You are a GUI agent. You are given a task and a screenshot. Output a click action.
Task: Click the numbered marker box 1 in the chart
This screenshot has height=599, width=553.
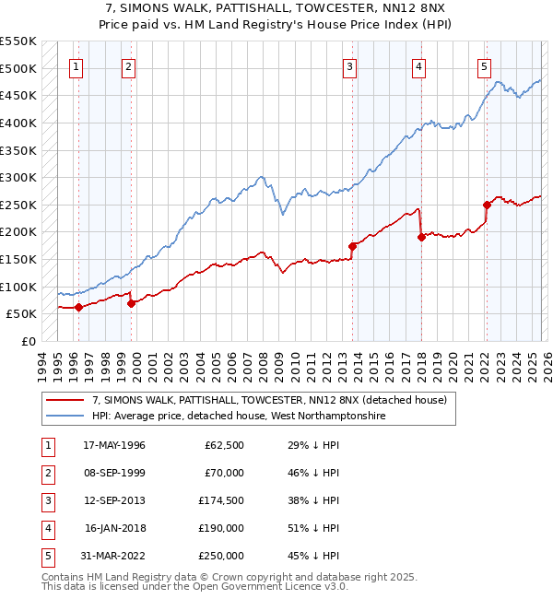coord(75,66)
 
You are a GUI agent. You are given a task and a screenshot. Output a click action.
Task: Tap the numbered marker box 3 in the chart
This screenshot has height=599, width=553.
coord(350,66)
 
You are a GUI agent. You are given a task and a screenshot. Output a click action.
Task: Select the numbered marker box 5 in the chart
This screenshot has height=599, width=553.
coord(484,66)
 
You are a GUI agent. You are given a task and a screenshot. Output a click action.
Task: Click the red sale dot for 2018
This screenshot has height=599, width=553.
coord(421,237)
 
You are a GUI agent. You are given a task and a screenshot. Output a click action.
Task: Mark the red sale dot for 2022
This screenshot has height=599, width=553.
coord(488,205)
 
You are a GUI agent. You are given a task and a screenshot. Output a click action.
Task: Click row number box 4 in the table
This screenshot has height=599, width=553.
coord(47,528)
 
